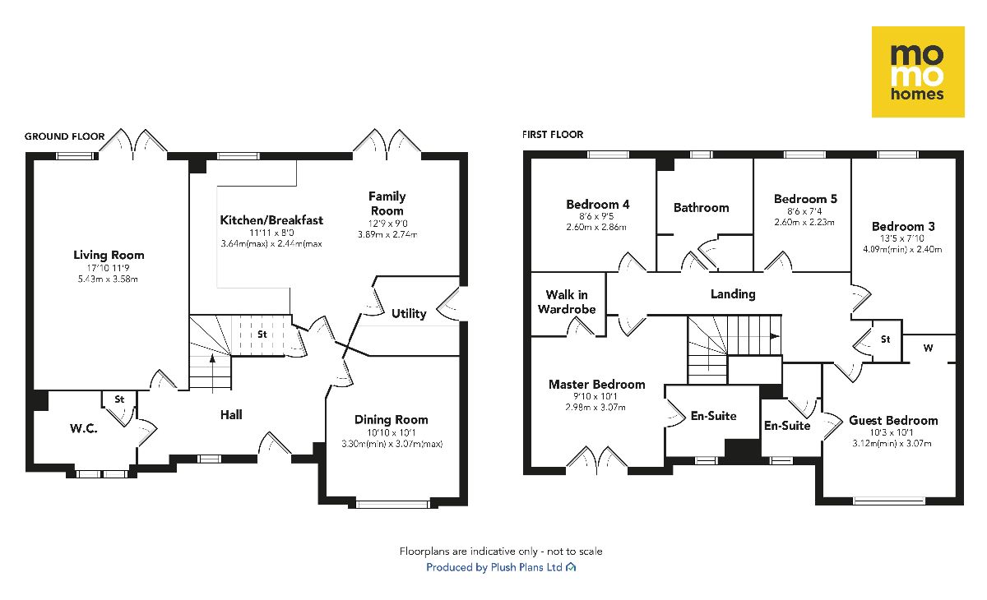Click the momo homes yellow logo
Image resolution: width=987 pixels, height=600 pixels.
[x=918, y=72]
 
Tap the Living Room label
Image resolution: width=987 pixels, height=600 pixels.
[x=109, y=255]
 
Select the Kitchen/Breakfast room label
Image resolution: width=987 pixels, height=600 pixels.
[x=271, y=220]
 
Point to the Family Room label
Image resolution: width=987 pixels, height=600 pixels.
[x=387, y=203]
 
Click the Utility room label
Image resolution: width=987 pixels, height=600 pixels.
[x=409, y=313]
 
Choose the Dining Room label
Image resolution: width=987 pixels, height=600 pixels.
[x=392, y=419]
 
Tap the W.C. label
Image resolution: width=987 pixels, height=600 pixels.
[x=83, y=427]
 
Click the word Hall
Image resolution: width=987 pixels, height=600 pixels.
[x=231, y=415]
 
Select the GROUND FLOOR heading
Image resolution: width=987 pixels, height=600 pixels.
[x=64, y=136]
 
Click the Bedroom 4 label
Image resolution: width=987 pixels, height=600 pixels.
[x=598, y=205]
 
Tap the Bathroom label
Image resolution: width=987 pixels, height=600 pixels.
[x=701, y=207]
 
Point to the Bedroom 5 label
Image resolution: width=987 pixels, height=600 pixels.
[x=805, y=199]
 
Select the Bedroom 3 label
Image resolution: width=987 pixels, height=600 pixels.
[x=903, y=226]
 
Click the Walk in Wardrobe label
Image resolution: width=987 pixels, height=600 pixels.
[x=567, y=302]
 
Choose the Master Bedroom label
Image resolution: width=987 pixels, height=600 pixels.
[x=596, y=384]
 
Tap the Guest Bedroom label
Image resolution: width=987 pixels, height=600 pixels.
[x=893, y=420]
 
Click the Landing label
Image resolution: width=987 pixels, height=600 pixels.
[x=733, y=293]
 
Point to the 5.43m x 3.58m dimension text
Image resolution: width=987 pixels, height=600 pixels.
[x=109, y=279]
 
